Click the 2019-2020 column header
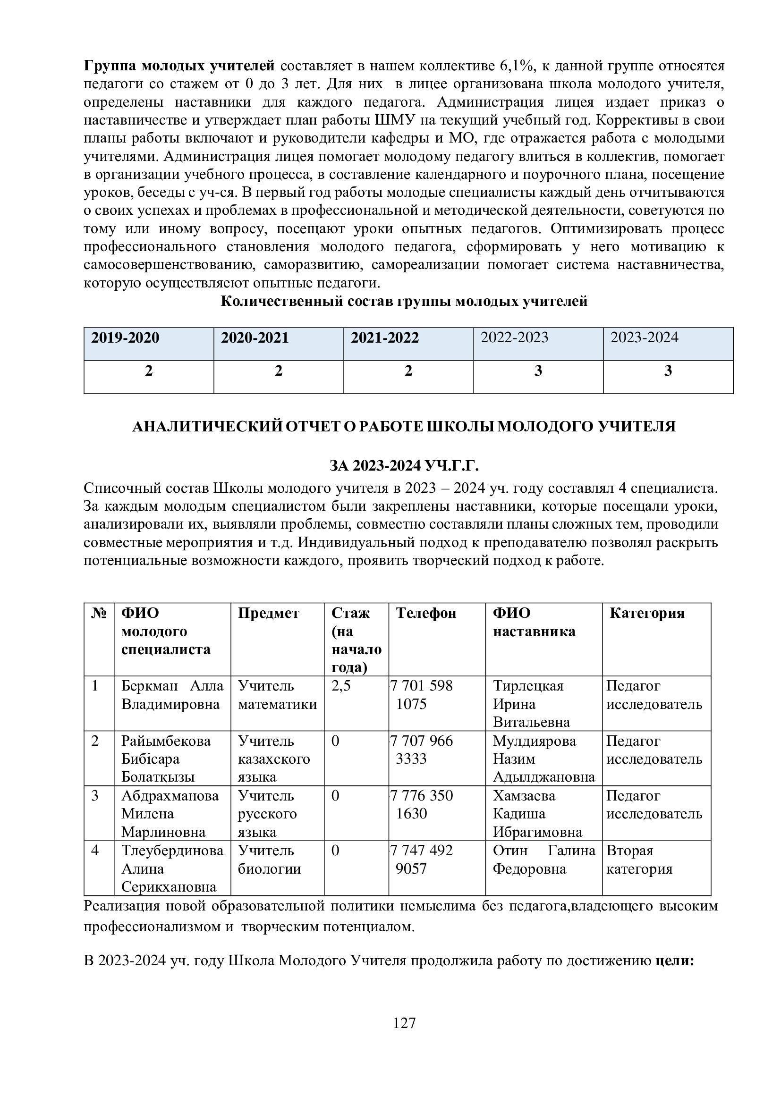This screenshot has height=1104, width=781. pyautogui.click(x=125, y=338)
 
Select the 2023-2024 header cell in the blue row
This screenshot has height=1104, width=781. pyautogui.click(x=644, y=337)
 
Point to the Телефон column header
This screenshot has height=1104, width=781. pyautogui.click(x=426, y=613)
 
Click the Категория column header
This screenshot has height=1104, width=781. pyautogui.click(x=647, y=613)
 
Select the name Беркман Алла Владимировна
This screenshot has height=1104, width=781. pyautogui.click(x=172, y=695)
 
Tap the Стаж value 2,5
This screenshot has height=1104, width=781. pyautogui.click(x=341, y=686)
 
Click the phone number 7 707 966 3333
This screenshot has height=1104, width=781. pyautogui.click(x=422, y=750)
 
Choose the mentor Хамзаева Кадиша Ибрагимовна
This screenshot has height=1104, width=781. pyautogui.click(x=537, y=814)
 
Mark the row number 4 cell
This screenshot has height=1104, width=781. pyautogui.click(x=95, y=851)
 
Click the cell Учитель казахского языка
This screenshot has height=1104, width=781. pyautogui.click(x=274, y=759)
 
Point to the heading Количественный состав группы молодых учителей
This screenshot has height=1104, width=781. pyautogui.click(x=404, y=302)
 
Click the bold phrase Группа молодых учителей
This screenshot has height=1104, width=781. pyautogui.click(x=179, y=66)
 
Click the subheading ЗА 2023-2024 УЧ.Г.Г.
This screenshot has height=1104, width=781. pyautogui.click(x=404, y=466)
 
